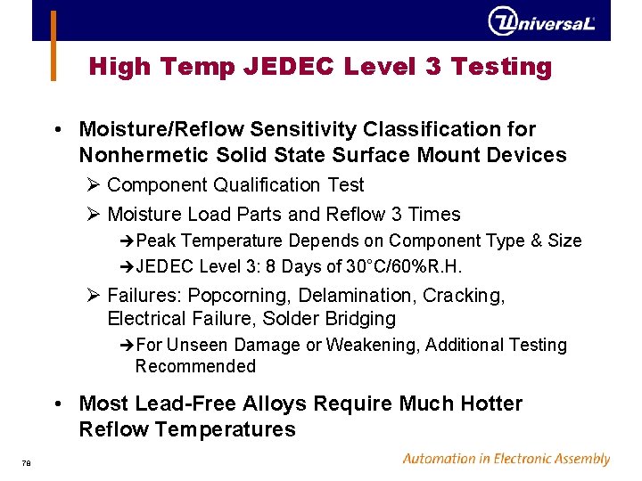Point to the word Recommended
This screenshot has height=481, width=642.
(195, 366)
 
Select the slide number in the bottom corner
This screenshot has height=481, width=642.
(27, 461)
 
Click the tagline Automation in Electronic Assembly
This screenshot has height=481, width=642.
(506, 459)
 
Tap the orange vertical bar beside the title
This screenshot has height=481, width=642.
(53, 46)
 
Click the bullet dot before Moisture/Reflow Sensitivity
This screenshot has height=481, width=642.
(57, 130)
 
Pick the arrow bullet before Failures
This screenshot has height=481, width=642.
(94, 295)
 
